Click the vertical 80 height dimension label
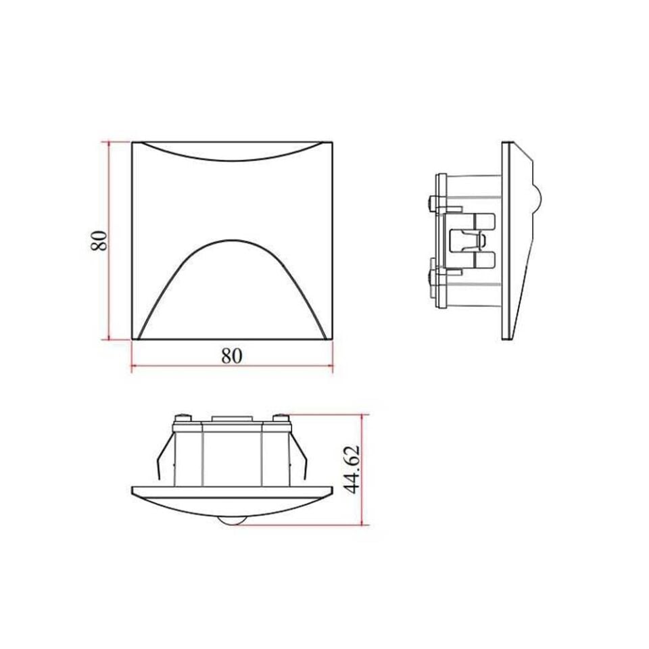99,241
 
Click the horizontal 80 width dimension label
231,356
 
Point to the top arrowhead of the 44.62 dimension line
363,418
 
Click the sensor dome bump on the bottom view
231,521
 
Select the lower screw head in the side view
432,275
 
